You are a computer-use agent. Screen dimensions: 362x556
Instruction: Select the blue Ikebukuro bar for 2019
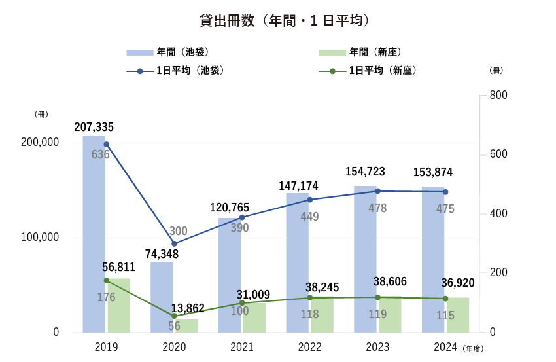[x=94, y=236]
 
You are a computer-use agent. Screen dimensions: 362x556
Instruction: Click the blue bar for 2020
[x=162, y=298]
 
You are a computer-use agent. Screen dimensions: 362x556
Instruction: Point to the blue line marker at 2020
[x=174, y=244]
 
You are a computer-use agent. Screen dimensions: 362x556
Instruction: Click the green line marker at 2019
[x=106, y=280]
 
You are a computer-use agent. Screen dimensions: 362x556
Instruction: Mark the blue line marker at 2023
[x=377, y=191]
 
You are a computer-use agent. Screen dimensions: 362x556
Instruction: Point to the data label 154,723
[x=365, y=172]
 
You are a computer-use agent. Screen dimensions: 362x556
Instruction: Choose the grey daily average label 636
[x=101, y=154]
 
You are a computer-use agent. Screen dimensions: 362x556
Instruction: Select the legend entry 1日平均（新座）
[x=383, y=70]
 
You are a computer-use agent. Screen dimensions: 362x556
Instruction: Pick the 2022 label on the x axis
[x=309, y=346]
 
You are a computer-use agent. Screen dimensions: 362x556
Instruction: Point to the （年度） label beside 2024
[x=474, y=348]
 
